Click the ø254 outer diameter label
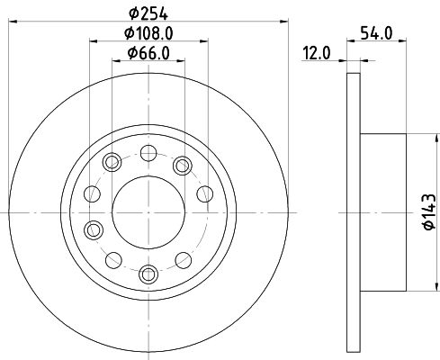[x=149, y=13]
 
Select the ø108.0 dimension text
[x=149, y=33]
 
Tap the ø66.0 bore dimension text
[x=149, y=52]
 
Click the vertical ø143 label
[x=427, y=213]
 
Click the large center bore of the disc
[x=149, y=213]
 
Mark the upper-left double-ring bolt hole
[x=112, y=163]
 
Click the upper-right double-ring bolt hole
[x=183, y=163]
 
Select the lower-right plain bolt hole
[x=184, y=260]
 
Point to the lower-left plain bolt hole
[x=112, y=259]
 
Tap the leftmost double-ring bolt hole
[x=92, y=229]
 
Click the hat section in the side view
[x=382, y=213]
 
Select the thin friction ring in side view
[x=352, y=213]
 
